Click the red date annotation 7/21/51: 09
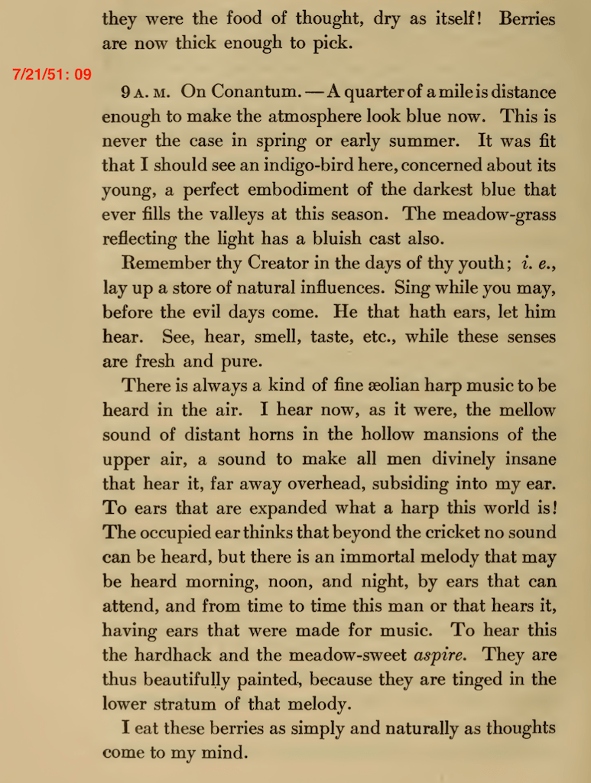(x=52, y=74)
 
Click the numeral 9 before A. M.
(x=125, y=93)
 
